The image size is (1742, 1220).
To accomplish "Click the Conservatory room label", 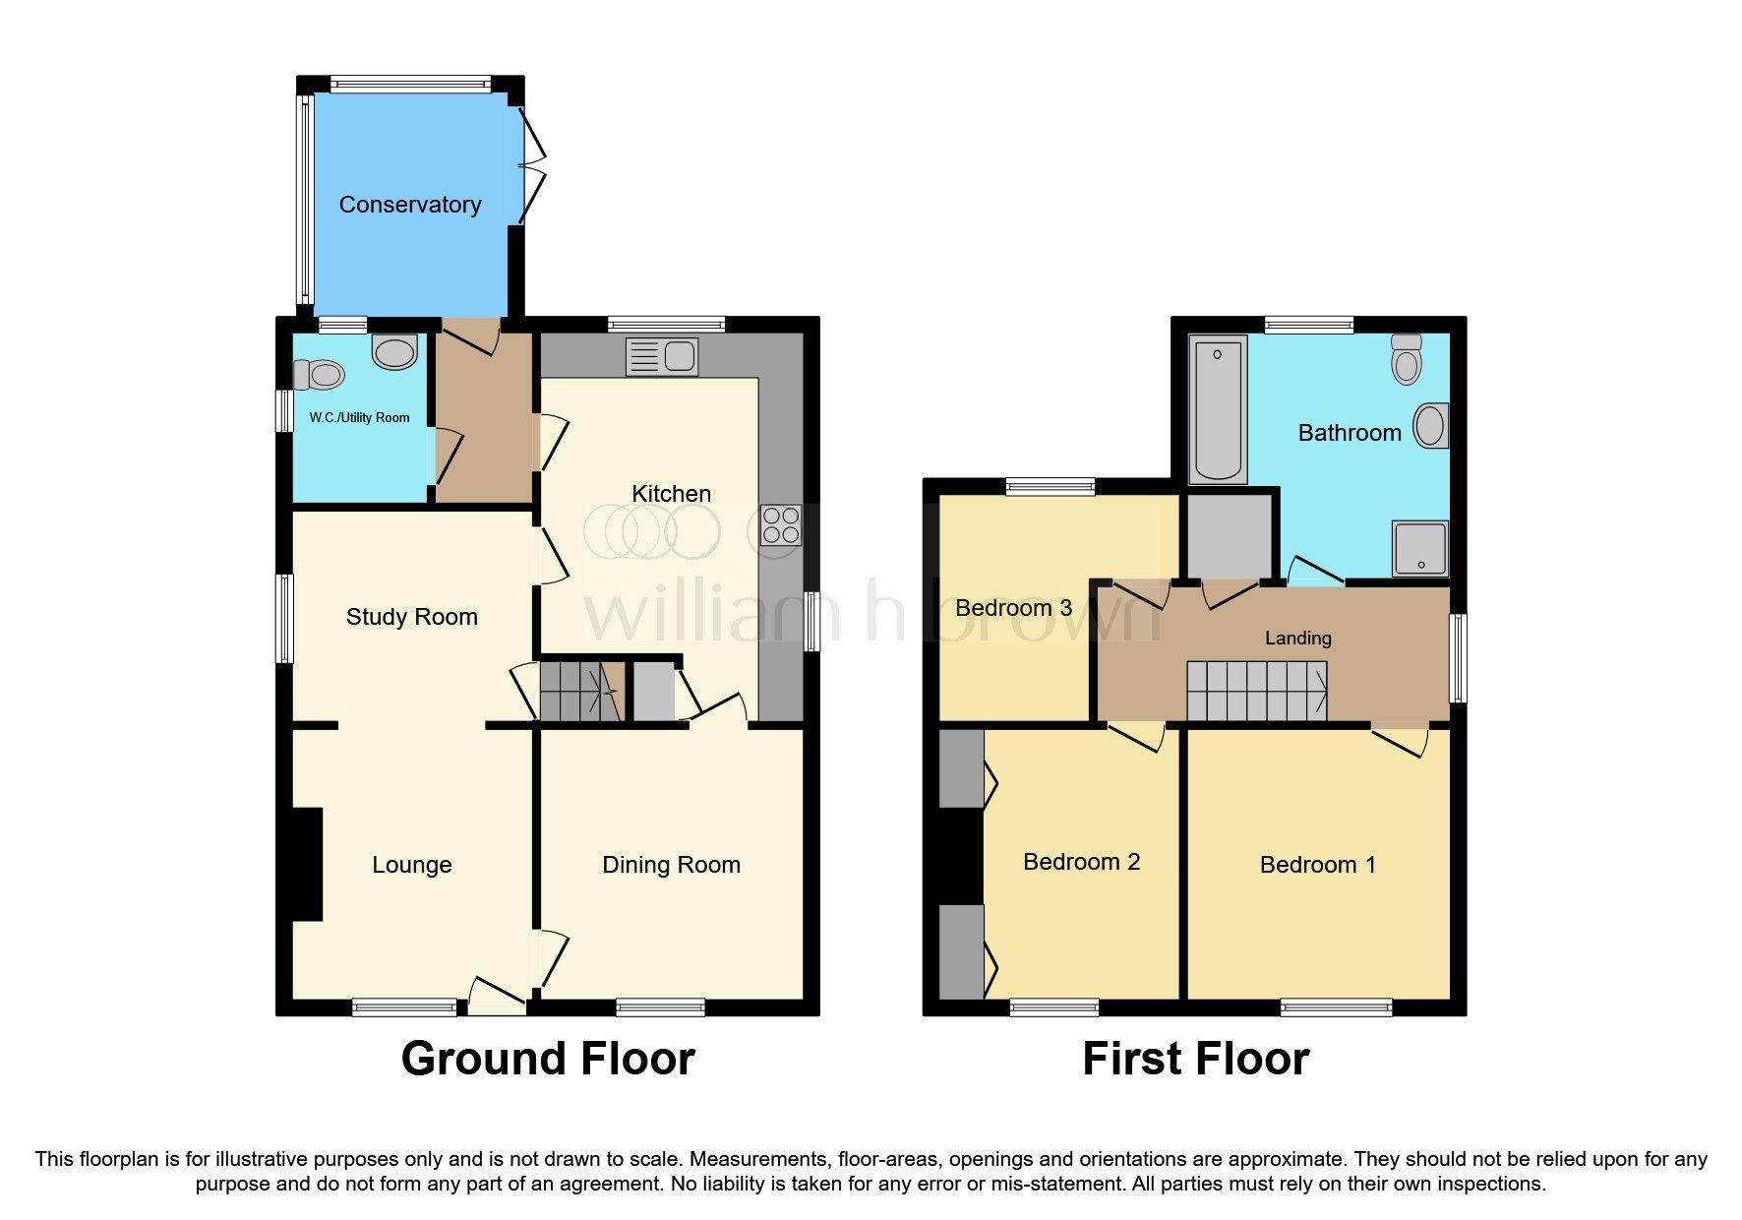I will [x=410, y=205].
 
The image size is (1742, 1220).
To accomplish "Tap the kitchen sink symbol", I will [x=662, y=356].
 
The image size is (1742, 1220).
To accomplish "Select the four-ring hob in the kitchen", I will [x=781, y=524].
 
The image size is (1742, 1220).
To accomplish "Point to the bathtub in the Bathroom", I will [x=1218, y=409].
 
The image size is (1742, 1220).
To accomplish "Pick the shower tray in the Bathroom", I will [x=1419, y=548].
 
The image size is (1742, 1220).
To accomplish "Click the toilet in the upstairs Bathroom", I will [x=1408, y=359].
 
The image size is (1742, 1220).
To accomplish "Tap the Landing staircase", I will [x=1256, y=691].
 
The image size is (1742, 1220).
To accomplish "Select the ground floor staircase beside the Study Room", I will [x=581, y=691].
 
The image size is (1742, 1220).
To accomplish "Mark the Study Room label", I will [x=411, y=617].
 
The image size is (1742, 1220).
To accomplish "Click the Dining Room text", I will [x=671, y=865].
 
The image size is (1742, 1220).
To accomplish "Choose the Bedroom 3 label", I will [x=1013, y=608].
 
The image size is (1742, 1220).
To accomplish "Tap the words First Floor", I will [x=1195, y=1060].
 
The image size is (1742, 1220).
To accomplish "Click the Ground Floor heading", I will [x=548, y=1060].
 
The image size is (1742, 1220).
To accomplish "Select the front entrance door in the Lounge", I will [x=497, y=996].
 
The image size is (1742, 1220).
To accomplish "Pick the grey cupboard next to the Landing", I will [x=1230, y=536].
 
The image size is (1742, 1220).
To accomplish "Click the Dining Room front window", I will [x=660, y=1006].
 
